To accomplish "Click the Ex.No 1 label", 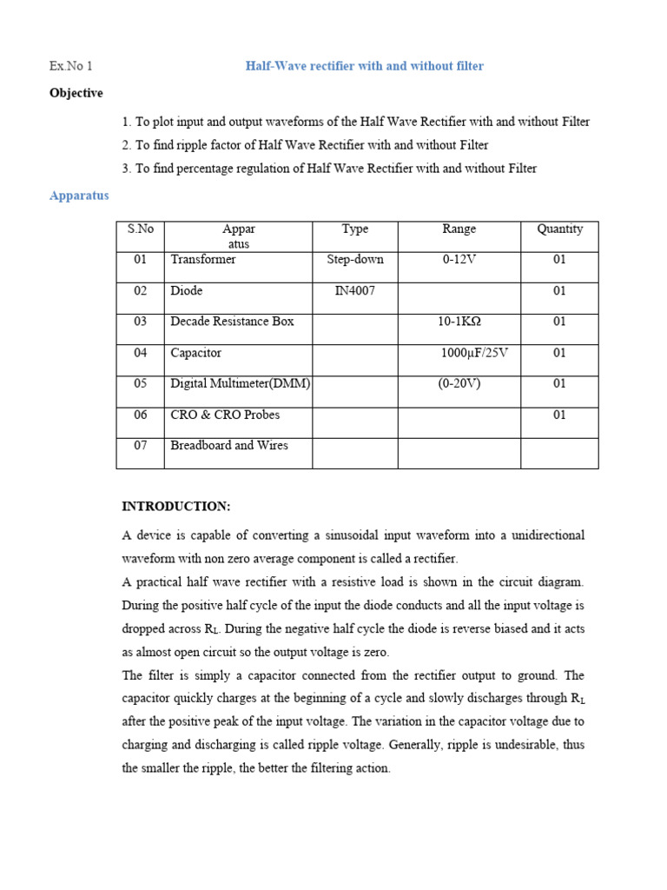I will tap(71, 66).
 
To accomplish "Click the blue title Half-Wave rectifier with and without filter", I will tap(364, 66).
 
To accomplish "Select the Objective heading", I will tap(76, 93).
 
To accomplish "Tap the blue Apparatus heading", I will tap(79, 196).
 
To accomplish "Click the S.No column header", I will tap(140, 229).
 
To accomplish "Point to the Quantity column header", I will tap(559, 229).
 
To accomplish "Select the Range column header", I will tap(459, 229).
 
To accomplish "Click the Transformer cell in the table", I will tap(203, 260).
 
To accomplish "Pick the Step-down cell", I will tap(355, 260).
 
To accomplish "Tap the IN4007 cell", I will tap(355, 291).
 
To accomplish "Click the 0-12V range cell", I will tap(459, 260).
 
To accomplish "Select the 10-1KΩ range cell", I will tap(459, 322).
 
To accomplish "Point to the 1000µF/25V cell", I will tap(474, 353).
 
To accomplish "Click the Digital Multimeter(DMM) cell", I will tap(241, 383).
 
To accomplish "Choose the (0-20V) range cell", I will tap(459, 383).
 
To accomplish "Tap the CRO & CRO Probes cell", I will tap(225, 415).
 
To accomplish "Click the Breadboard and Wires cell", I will tap(229, 445).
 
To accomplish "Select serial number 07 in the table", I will tap(140, 445).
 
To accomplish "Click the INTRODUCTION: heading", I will tap(176, 506).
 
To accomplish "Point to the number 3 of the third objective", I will tap(127, 169).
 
